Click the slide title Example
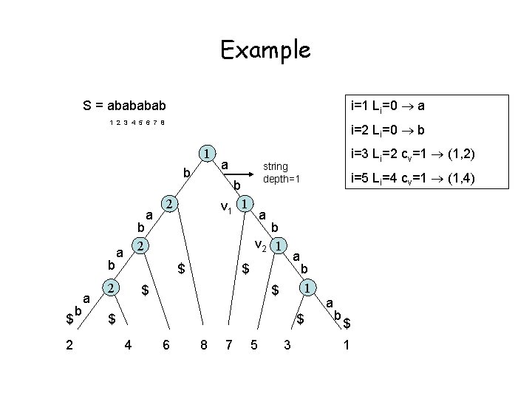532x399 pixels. (x=265, y=50)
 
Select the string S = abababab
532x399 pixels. (x=125, y=105)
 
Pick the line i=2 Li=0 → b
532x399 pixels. (x=387, y=130)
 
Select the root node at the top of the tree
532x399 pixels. (x=208, y=154)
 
